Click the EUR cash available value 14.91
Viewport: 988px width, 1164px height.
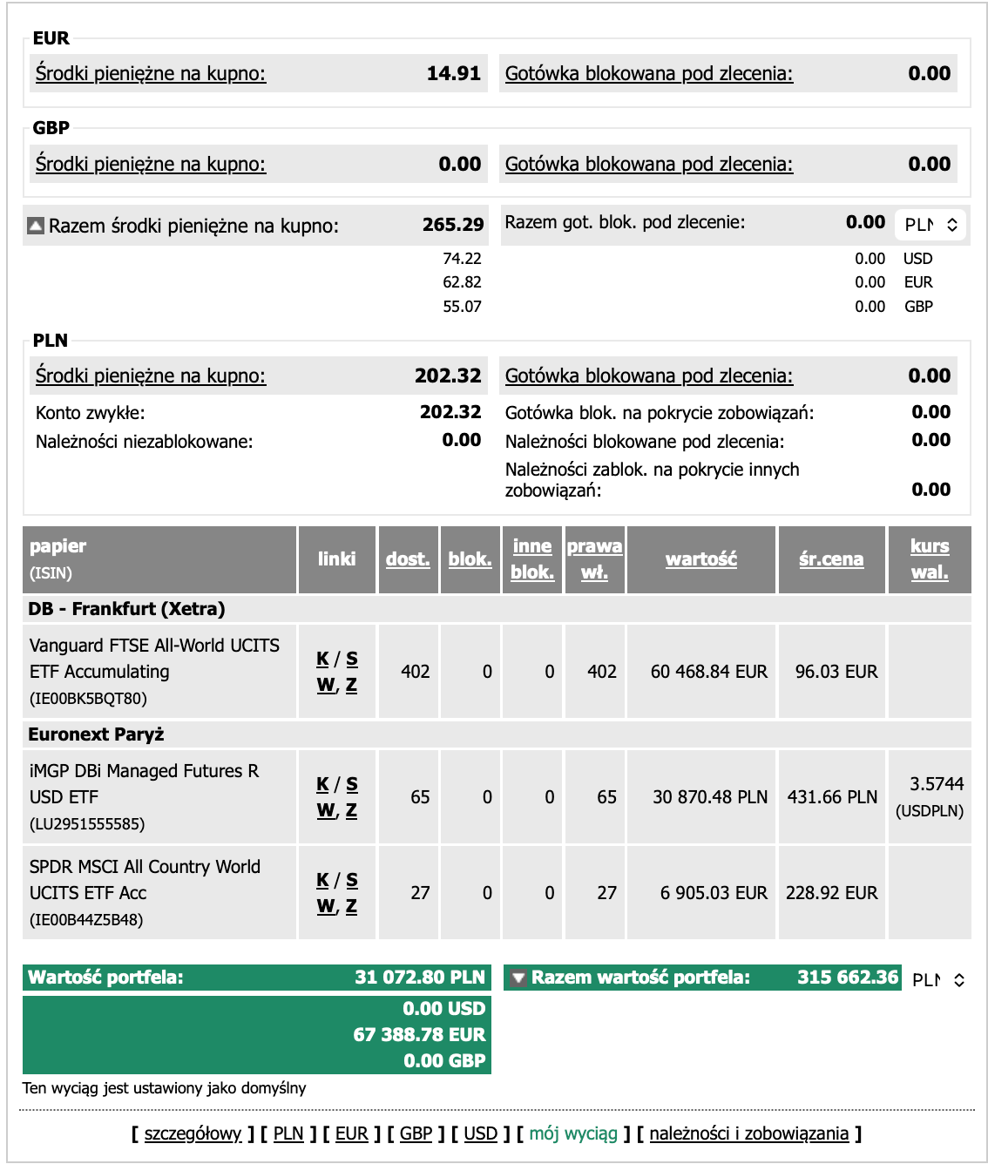click(x=453, y=74)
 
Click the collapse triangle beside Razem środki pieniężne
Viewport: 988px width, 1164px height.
click(x=36, y=226)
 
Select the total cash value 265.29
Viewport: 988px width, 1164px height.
click(x=452, y=225)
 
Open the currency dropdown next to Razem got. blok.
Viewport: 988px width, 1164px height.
click(x=930, y=225)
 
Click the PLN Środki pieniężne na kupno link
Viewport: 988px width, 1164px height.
click(x=151, y=376)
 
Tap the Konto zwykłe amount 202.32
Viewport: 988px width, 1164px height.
click(x=450, y=412)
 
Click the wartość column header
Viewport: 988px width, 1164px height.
click(x=700, y=559)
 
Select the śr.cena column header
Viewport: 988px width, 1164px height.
click(x=831, y=559)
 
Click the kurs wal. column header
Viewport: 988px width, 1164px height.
click(x=930, y=559)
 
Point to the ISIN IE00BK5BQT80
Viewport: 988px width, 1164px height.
click(x=88, y=699)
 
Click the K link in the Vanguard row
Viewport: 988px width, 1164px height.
click(x=323, y=659)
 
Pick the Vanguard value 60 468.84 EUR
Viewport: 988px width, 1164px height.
click(x=708, y=672)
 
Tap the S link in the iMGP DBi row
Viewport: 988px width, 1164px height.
click(x=352, y=784)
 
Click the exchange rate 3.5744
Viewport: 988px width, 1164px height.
click(x=937, y=784)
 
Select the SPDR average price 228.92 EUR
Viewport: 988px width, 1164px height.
click(x=831, y=893)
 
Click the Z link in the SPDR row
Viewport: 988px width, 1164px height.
click(x=351, y=906)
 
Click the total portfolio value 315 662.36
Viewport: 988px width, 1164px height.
click(x=847, y=978)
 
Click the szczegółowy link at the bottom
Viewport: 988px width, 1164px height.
click(x=193, y=1134)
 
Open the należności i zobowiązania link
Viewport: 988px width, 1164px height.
click(x=748, y=1134)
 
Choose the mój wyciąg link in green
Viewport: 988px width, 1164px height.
click(x=573, y=1134)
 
